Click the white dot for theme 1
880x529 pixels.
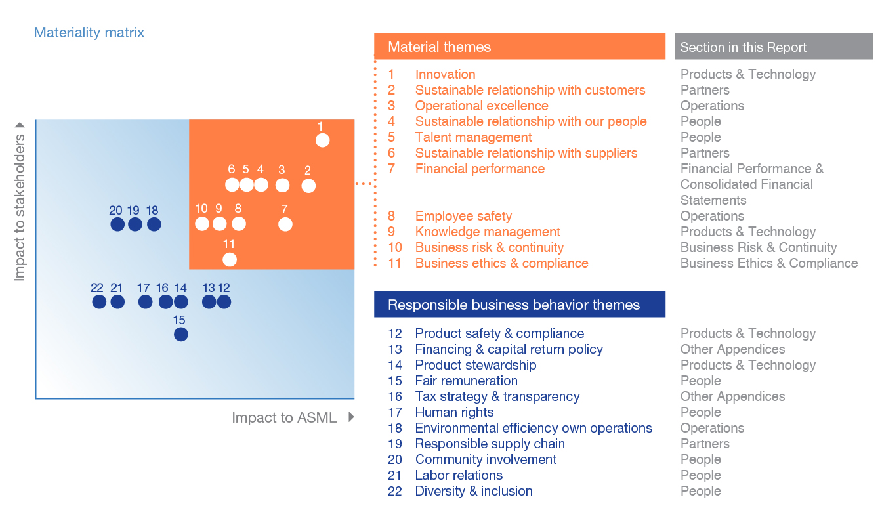[322, 140]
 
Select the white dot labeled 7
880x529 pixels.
[285, 224]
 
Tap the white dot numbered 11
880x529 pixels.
[229, 259]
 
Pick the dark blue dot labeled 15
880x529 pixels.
[181, 334]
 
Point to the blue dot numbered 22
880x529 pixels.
[99, 302]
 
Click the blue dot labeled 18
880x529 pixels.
[154, 224]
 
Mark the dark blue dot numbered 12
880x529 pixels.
[224, 302]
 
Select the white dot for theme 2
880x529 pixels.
[308, 186]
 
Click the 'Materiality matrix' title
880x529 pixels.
[89, 32]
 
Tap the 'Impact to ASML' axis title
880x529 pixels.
[284, 417]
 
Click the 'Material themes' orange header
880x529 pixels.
[519, 47]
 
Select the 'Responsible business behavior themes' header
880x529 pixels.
[519, 305]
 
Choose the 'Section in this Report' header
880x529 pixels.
[774, 47]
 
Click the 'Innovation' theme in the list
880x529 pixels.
[445, 74]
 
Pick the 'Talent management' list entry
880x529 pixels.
[473, 137]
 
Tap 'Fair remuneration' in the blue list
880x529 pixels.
[466, 381]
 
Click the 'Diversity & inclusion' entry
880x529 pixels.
[474, 491]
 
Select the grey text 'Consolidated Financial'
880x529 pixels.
[746, 184]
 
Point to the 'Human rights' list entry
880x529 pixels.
[454, 412]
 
